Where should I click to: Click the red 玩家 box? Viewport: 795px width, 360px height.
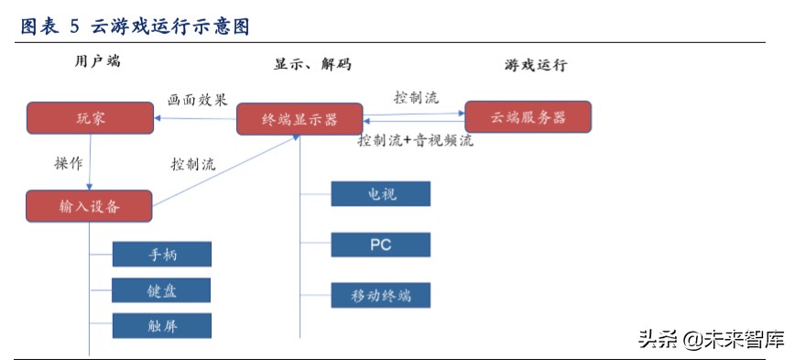(x=89, y=117)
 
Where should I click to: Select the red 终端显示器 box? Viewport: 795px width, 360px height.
(x=299, y=119)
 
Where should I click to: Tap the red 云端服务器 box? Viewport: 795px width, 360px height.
(x=528, y=116)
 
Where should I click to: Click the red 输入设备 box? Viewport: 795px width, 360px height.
(x=88, y=206)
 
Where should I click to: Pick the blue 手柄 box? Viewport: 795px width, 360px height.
(x=162, y=255)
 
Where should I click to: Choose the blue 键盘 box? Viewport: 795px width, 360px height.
(x=162, y=290)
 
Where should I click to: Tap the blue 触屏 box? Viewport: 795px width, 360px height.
(x=162, y=325)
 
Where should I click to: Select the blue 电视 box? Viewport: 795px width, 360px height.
(x=380, y=194)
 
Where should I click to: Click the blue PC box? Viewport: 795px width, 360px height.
(x=380, y=245)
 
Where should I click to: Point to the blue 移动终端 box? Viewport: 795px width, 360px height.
(x=380, y=295)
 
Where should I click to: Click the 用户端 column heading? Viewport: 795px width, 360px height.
(x=97, y=63)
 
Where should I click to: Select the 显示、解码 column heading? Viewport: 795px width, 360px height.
(x=311, y=65)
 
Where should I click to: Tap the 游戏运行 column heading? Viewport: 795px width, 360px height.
(x=536, y=65)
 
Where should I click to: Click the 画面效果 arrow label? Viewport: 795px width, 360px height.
(x=196, y=98)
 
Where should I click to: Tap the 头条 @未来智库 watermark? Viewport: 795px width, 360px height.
(x=711, y=340)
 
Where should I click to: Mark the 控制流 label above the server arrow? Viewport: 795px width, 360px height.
(x=416, y=96)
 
